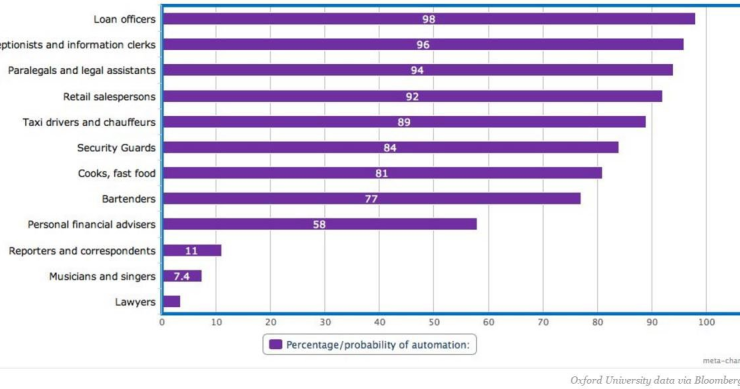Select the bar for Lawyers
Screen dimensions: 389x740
pyautogui.click(x=171, y=301)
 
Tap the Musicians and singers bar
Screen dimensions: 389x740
pyautogui.click(x=182, y=275)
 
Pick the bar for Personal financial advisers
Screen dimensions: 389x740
pyautogui.click(x=319, y=224)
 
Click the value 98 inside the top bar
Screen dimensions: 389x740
pyautogui.click(x=428, y=19)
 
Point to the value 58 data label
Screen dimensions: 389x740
pyautogui.click(x=319, y=224)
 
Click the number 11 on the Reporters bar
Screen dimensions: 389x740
pyautogui.click(x=191, y=250)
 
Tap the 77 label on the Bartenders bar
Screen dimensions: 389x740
pyautogui.click(x=371, y=199)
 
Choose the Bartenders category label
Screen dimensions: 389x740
pyautogui.click(x=128, y=199)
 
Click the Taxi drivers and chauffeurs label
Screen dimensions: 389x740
pyautogui.click(x=88, y=122)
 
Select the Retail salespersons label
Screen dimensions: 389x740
pyautogui.click(x=103, y=96)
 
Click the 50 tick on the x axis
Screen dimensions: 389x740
pyautogui.click(x=434, y=322)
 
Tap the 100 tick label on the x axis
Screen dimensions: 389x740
pyautogui.click(x=706, y=322)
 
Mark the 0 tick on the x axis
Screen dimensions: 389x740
pyautogui.click(x=162, y=322)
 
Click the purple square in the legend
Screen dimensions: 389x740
pyautogui.click(x=275, y=345)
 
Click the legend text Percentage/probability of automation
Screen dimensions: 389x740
pyautogui.click(x=379, y=345)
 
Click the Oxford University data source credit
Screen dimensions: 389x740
pyautogui.click(x=654, y=380)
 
